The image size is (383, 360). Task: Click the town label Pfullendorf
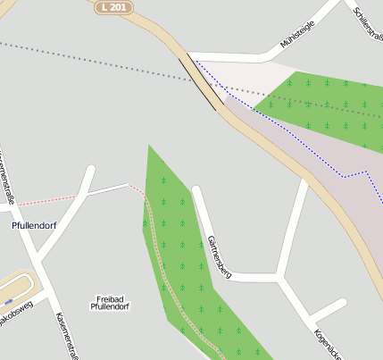[34, 225]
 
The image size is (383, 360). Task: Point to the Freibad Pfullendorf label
[110, 302]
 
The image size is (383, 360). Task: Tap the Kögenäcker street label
[327, 344]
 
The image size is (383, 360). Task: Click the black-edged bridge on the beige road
[202, 83]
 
